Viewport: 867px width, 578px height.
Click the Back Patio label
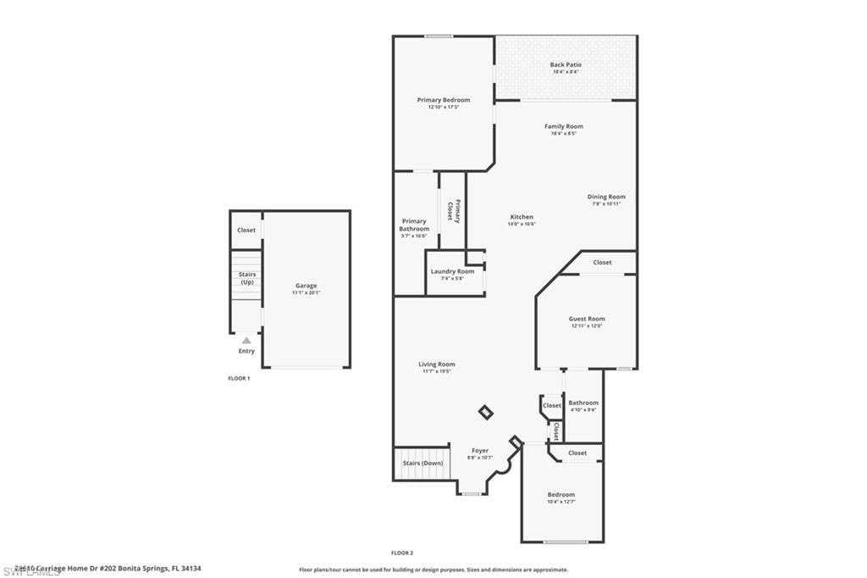566,64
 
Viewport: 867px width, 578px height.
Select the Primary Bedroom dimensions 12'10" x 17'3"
443,108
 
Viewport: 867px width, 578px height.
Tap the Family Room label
563,126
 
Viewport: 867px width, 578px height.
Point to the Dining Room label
606,197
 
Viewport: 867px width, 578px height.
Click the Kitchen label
521,217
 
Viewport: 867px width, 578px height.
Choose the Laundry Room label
452,271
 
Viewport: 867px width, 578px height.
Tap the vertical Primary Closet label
453,210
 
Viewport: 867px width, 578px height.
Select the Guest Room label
586,319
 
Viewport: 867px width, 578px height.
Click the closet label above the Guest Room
602,263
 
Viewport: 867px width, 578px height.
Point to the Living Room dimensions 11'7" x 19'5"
437,371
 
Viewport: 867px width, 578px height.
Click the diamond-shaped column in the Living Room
485,412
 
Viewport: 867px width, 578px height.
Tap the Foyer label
480,451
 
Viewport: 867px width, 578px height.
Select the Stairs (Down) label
422,464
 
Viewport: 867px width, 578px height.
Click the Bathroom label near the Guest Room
583,403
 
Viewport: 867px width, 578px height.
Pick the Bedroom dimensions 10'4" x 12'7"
561,502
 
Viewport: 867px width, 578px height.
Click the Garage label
306,286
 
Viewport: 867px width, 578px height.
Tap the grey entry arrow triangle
246,340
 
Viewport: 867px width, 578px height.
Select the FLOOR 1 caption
239,378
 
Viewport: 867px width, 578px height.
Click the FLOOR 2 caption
402,553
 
